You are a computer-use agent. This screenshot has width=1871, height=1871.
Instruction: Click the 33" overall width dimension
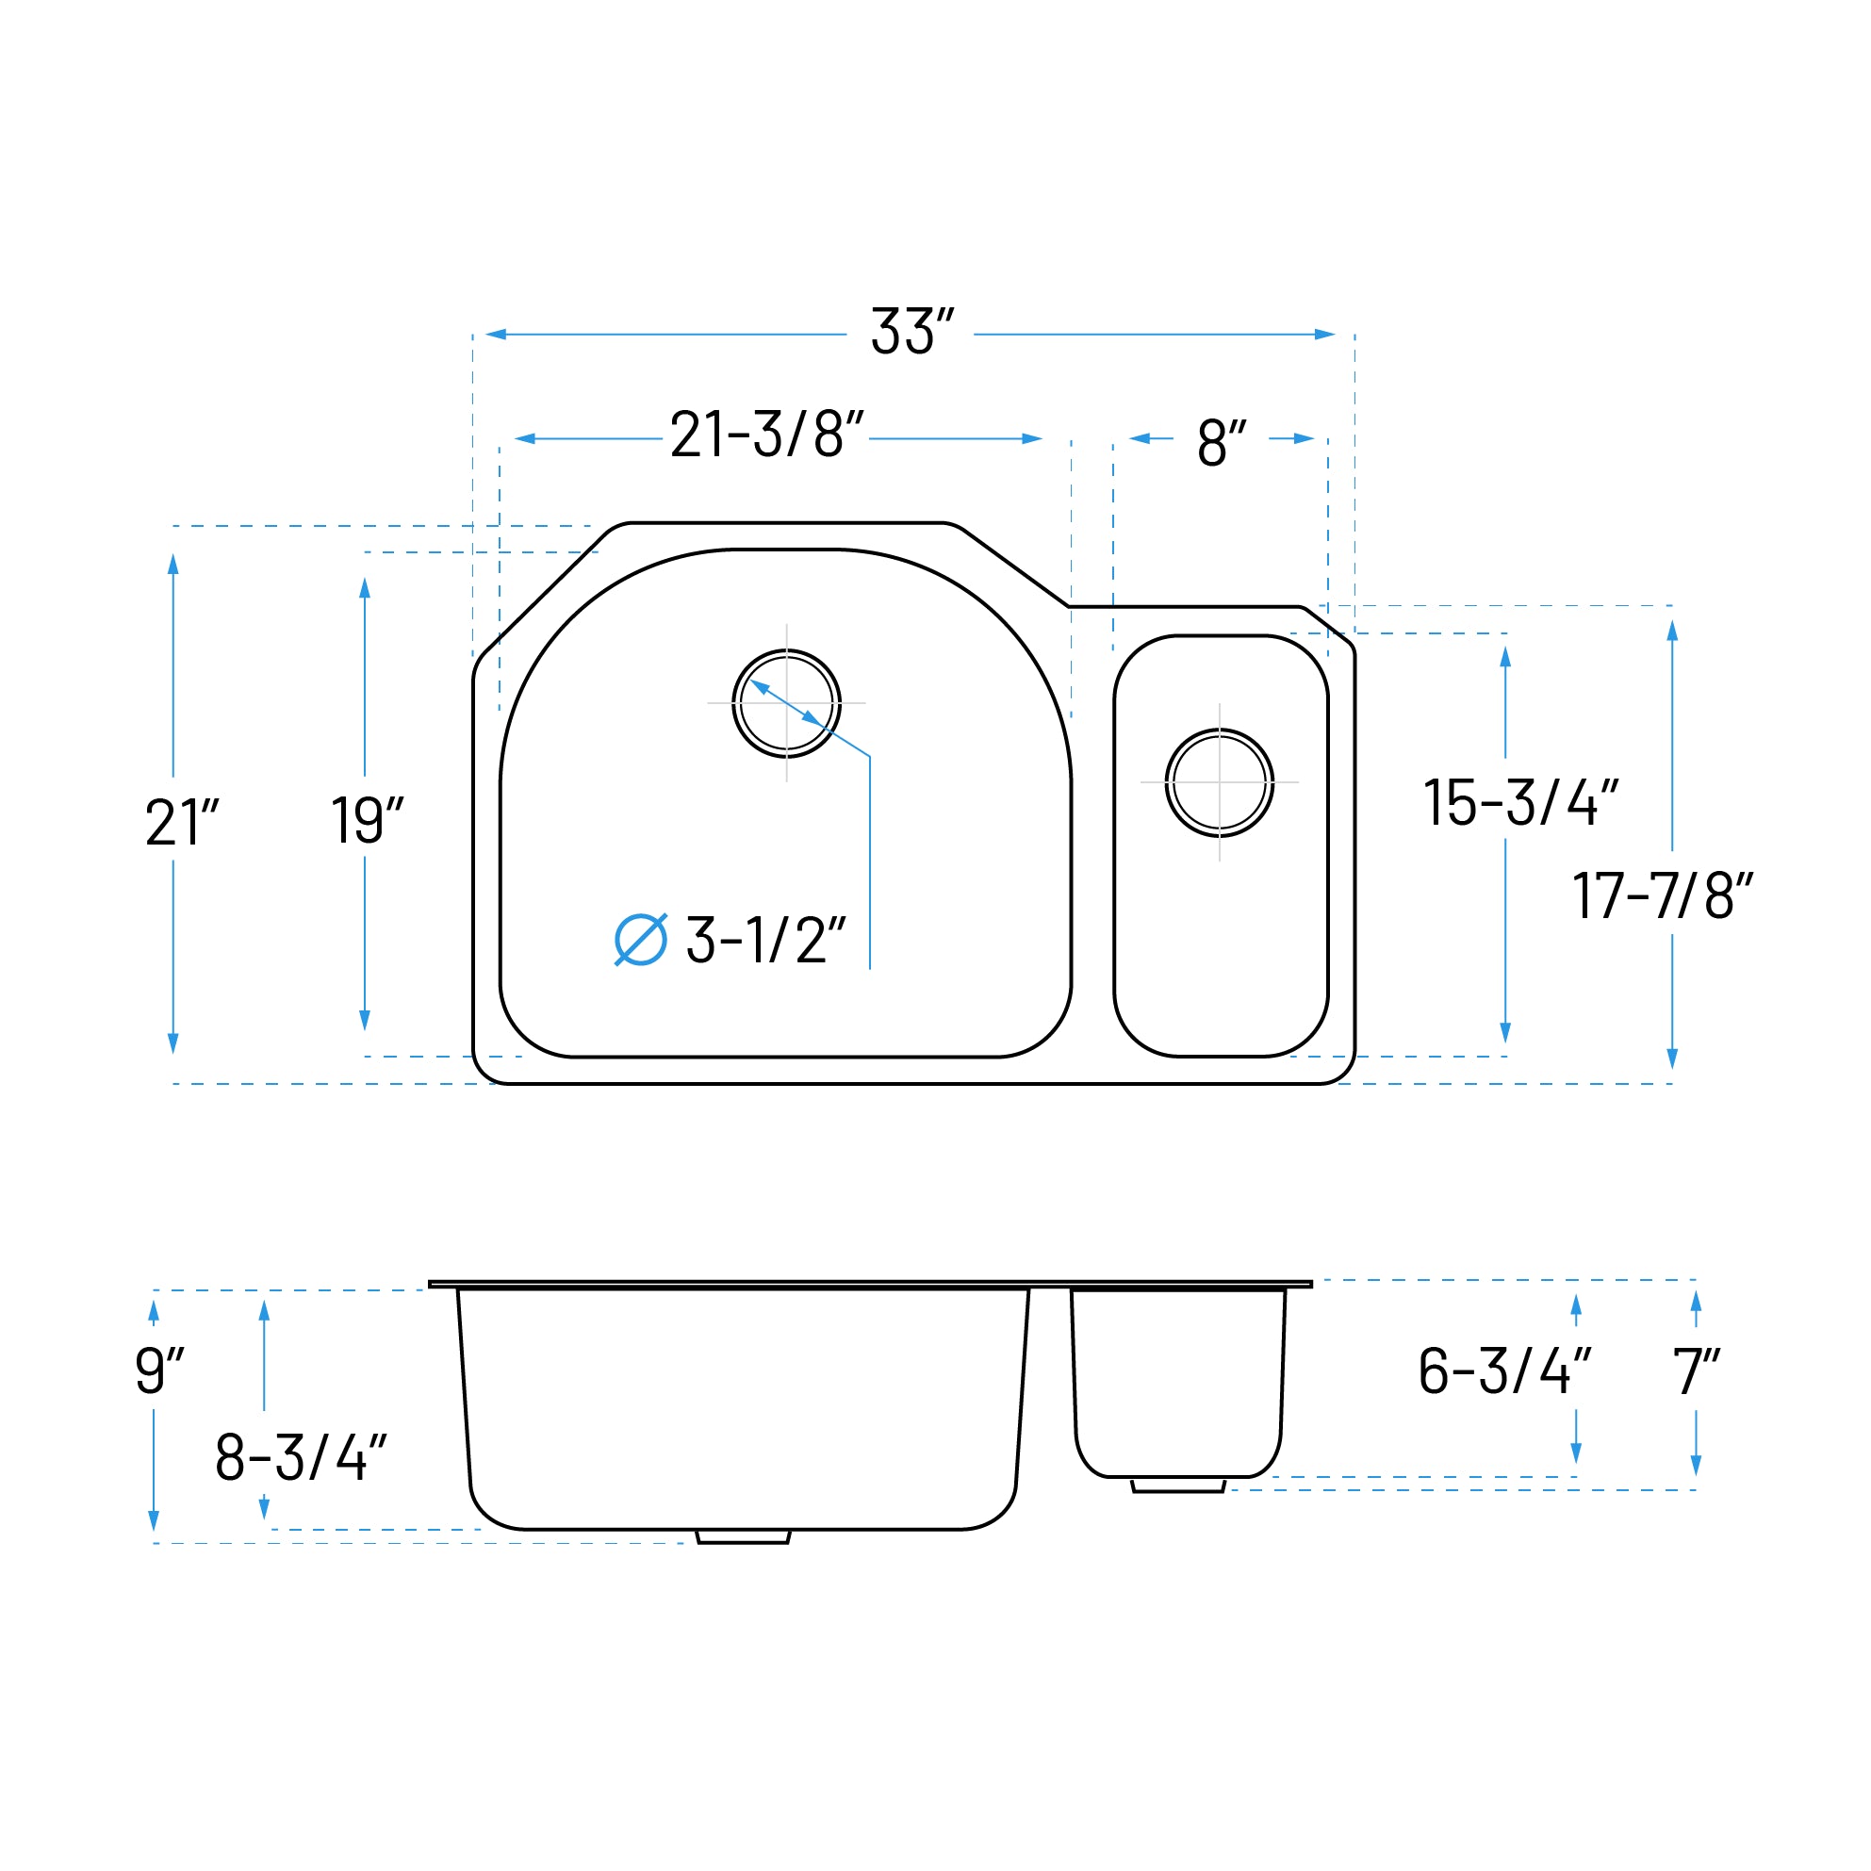coord(911,332)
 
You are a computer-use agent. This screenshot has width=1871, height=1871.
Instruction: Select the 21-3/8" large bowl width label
coord(766,435)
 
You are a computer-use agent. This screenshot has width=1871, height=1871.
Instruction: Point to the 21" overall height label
coord(182,823)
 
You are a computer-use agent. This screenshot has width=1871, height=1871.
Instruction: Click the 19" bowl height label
coord(367,821)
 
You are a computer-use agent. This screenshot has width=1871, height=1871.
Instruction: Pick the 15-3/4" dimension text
coord(1519,803)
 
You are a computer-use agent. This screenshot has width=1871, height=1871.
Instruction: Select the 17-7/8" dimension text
coord(1662,895)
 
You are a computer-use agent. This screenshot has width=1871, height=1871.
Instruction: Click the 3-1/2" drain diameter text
coord(765,941)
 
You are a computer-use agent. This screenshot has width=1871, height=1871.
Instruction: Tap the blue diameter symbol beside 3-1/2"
coord(641,940)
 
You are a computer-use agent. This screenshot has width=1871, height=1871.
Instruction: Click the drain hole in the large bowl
coord(786,703)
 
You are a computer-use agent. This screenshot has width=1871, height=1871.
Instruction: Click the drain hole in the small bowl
coord(1220,782)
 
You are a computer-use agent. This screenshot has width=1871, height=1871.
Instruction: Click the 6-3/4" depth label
coord(1504,1371)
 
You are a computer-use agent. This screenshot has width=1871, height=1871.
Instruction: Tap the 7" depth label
coord(1696,1371)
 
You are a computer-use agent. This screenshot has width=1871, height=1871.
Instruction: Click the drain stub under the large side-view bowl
coord(744,1537)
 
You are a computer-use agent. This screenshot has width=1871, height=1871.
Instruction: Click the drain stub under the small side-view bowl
coord(1177,1485)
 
